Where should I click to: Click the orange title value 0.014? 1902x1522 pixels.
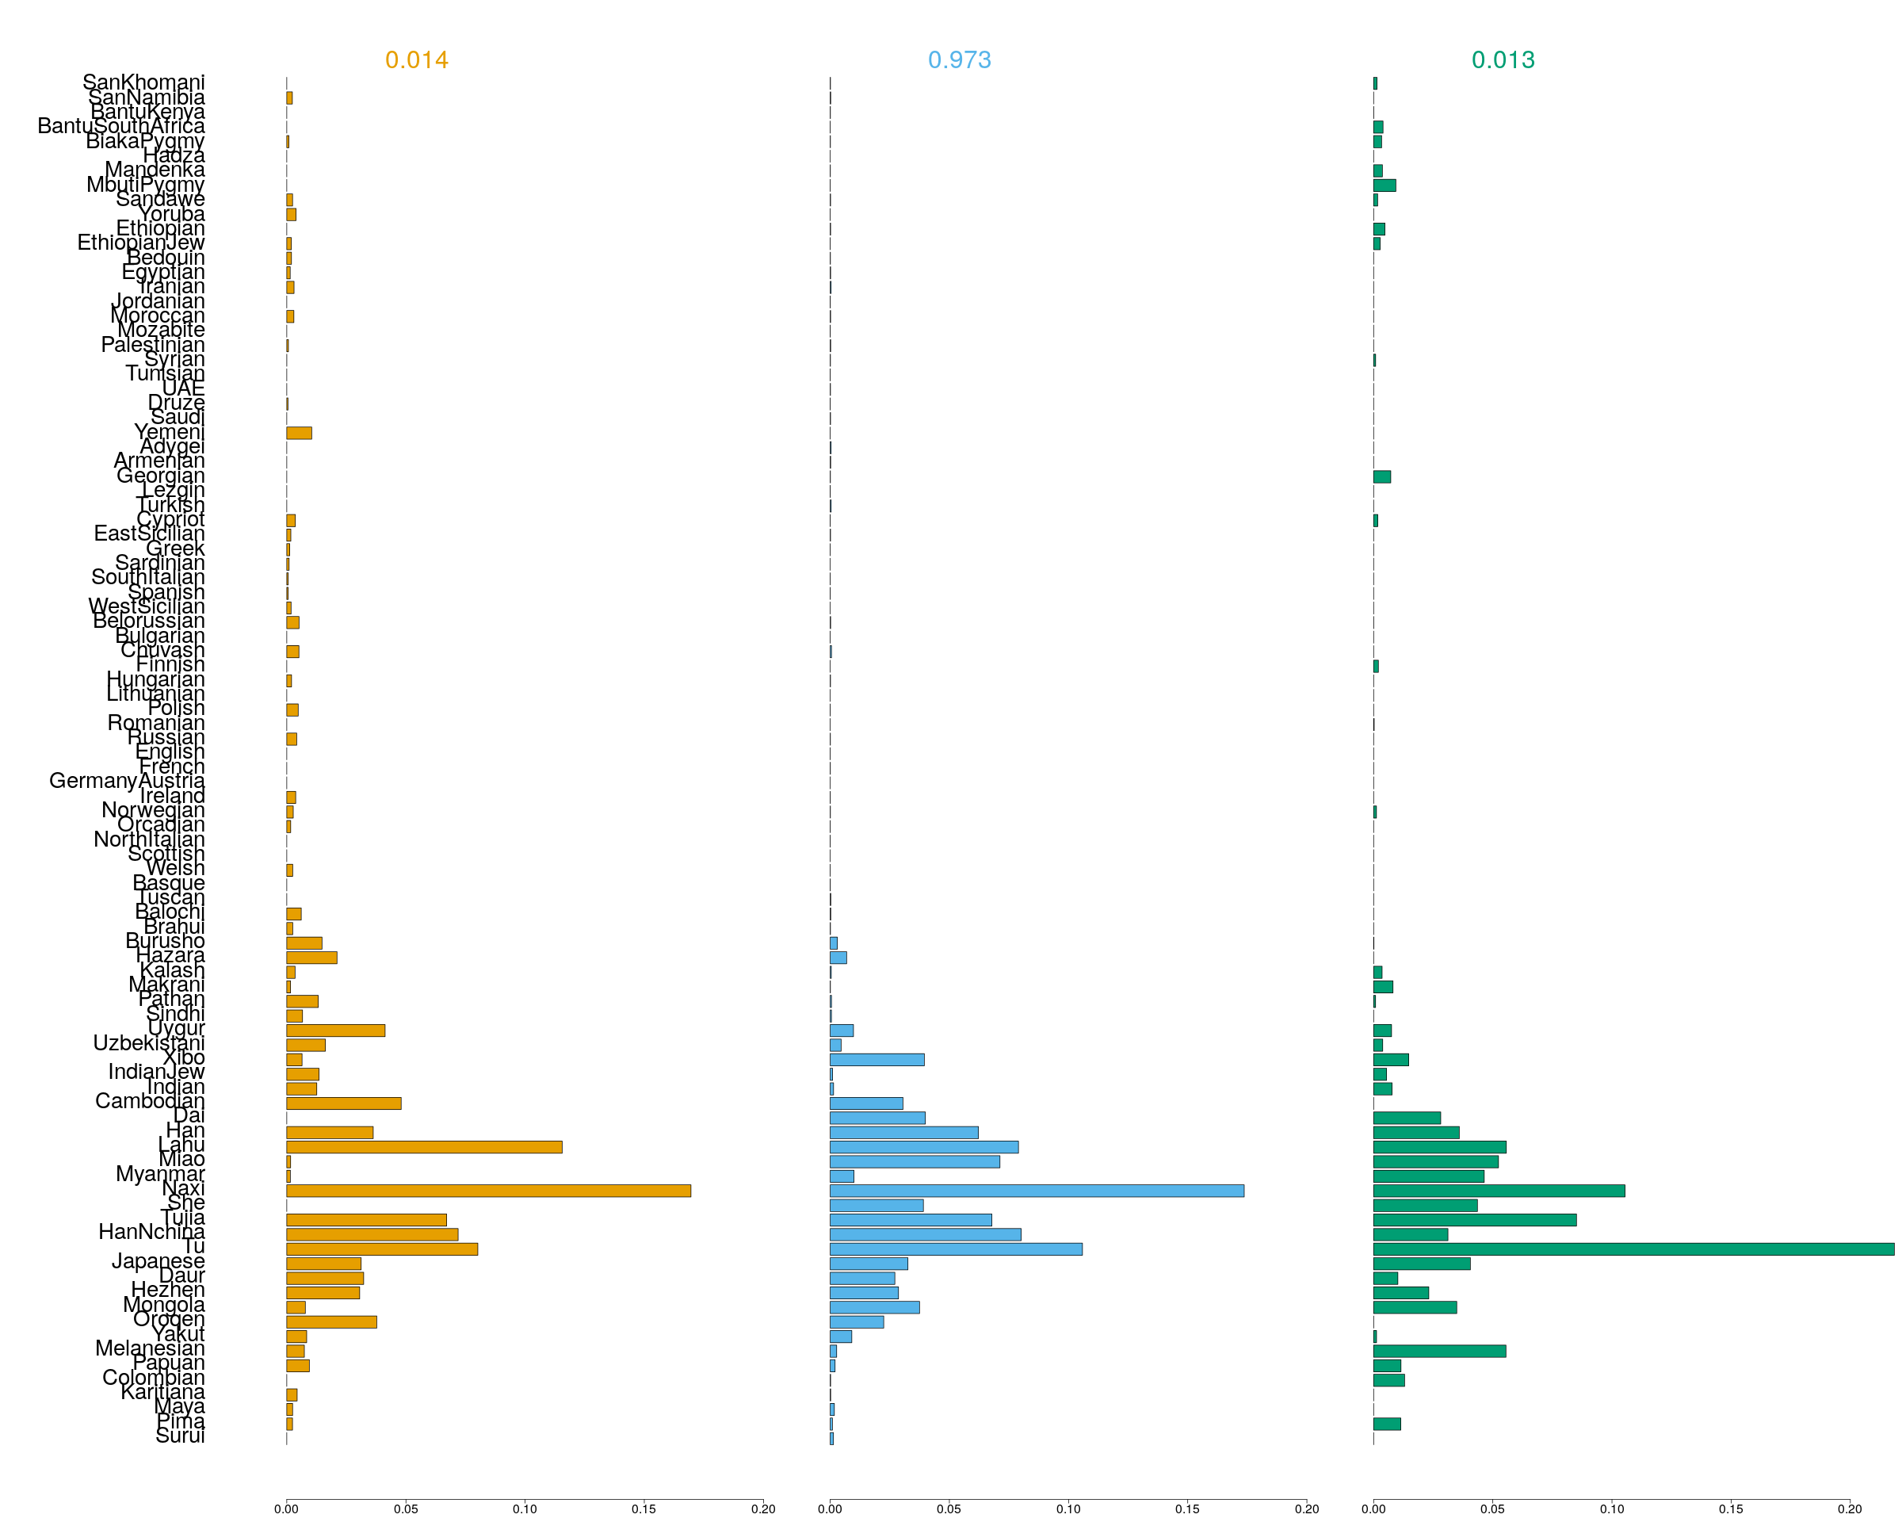[x=416, y=60]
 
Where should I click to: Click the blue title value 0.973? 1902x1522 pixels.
[x=960, y=60]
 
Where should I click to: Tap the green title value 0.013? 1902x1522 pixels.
[x=1503, y=60]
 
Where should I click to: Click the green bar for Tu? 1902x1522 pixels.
[x=1633, y=1249]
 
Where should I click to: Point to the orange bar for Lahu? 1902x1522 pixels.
[x=423, y=1147]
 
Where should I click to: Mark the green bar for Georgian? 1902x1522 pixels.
[x=1381, y=477]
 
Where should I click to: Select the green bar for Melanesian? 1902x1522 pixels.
[x=1439, y=1351]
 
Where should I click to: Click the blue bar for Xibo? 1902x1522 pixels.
[x=877, y=1060]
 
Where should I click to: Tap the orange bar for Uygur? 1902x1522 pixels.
[x=335, y=1031]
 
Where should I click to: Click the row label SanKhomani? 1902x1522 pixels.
[x=143, y=82]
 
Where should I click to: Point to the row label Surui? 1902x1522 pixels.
[x=180, y=1436]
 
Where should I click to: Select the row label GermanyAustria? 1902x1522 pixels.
[x=127, y=781]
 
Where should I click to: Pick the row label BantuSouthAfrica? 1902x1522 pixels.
[x=121, y=126]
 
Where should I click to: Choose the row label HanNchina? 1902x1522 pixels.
[x=151, y=1232]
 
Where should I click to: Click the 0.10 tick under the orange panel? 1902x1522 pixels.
[x=525, y=1509]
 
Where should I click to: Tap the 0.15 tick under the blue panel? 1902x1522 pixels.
[x=1187, y=1509]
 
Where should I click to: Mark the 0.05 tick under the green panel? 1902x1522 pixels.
[x=1492, y=1509]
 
